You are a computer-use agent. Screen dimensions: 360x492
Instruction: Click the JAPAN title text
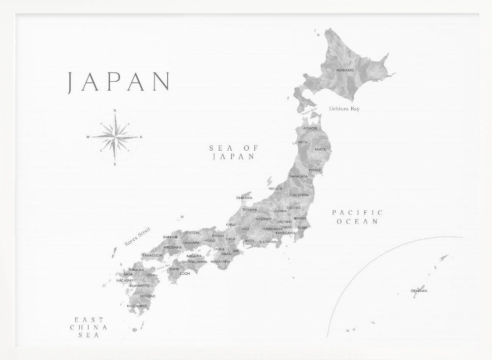(119, 82)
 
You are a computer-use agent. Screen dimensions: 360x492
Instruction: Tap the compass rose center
(115, 137)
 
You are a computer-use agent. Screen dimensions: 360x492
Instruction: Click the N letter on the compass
(115, 110)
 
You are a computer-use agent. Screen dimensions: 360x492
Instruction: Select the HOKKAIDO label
(344, 70)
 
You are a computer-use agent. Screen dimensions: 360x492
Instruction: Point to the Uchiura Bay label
(344, 108)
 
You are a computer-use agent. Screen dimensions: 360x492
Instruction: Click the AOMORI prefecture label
(310, 128)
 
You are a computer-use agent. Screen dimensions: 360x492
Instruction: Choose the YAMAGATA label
(298, 176)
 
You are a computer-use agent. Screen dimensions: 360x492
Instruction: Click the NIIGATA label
(276, 188)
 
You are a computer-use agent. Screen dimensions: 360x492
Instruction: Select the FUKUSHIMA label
(299, 195)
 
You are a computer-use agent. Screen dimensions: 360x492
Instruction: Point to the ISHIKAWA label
(244, 198)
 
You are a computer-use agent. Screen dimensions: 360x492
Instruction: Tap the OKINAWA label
(419, 291)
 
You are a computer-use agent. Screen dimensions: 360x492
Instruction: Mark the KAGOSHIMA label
(137, 305)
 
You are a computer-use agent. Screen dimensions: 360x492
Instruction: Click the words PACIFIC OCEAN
(357, 217)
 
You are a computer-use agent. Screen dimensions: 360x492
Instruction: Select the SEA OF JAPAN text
(233, 152)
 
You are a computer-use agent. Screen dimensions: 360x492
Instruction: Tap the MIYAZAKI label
(148, 296)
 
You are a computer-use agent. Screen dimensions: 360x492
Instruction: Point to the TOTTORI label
(192, 232)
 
